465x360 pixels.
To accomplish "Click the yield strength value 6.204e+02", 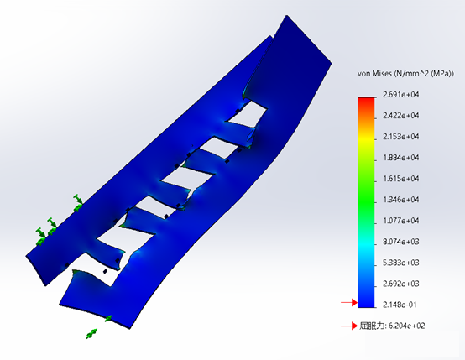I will (x=406, y=326).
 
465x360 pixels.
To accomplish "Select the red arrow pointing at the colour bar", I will (x=347, y=303).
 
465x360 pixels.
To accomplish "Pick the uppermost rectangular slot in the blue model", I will (x=253, y=114).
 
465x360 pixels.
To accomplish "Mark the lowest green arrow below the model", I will (x=90, y=335).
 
